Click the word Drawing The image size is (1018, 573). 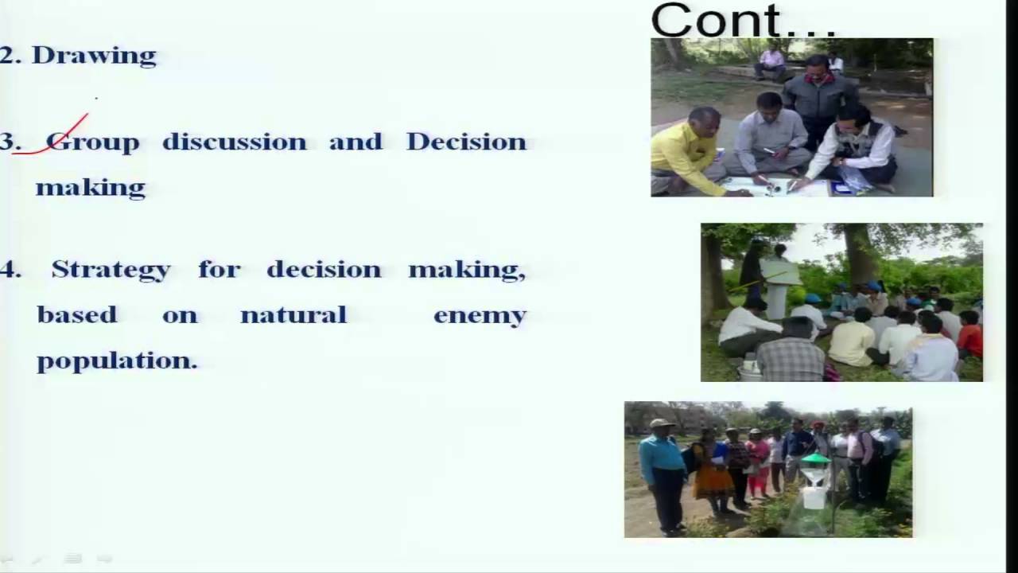[x=94, y=56]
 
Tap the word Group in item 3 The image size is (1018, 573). [x=93, y=142]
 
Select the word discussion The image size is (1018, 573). [x=234, y=142]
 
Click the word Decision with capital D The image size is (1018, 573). [x=466, y=142]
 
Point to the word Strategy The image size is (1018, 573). [x=111, y=270]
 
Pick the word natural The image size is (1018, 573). [x=293, y=315]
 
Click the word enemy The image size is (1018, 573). [x=480, y=316]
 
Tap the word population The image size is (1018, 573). [x=116, y=361]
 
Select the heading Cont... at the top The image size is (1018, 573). [x=743, y=21]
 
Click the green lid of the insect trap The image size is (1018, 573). [x=815, y=460]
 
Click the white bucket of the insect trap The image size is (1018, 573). [x=814, y=497]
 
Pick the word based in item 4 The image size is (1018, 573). [x=77, y=315]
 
